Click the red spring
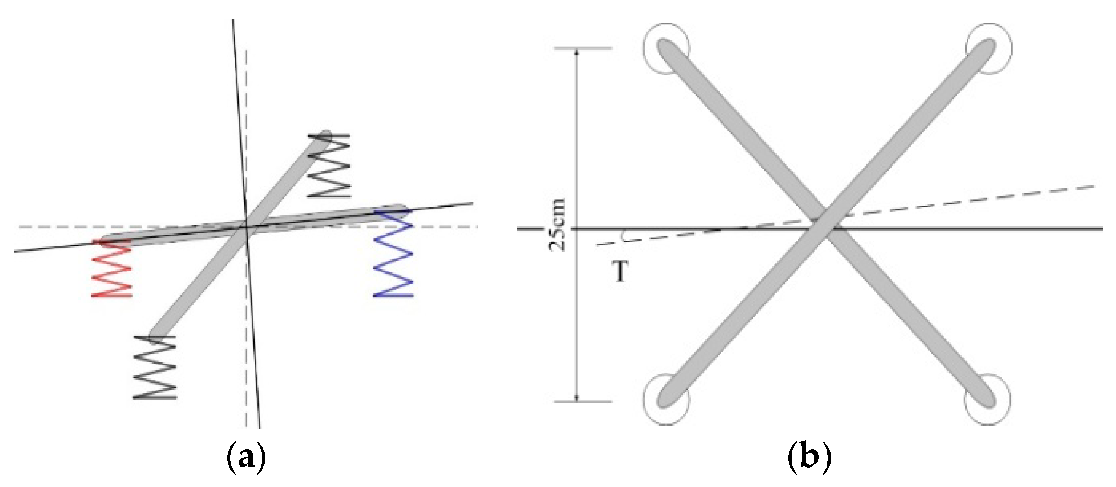pos(111,268)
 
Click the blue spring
pos(393,254)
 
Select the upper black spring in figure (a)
pos(328,166)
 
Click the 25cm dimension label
pos(557,225)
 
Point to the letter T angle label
pos(621,272)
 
